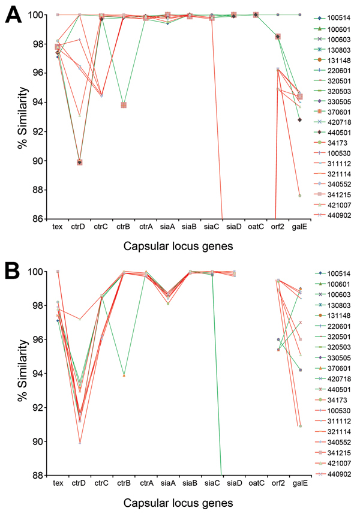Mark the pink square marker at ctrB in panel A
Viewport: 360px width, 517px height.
124,105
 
